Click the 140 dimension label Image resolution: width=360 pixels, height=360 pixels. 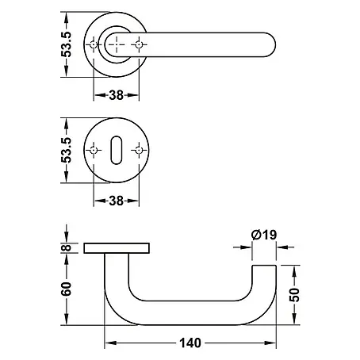(x=190, y=343)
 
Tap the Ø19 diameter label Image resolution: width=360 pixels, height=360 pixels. (x=264, y=235)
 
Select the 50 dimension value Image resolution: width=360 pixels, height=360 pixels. (x=295, y=295)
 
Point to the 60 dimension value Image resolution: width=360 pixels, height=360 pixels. (x=66, y=289)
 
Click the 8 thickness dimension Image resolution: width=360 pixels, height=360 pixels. (x=67, y=247)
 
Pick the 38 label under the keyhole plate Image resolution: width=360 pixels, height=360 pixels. (x=117, y=201)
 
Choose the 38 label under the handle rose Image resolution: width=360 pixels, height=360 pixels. (x=117, y=95)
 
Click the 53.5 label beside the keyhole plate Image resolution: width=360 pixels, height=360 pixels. (x=66, y=150)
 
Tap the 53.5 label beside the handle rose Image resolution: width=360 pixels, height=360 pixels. (x=66, y=44)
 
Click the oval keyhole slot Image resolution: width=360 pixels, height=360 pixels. (x=117, y=150)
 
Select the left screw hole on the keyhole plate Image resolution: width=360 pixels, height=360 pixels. (x=94, y=151)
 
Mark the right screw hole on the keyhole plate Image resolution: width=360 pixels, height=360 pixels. (x=139, y=151)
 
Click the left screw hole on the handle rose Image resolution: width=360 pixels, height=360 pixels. (x=94, y=44)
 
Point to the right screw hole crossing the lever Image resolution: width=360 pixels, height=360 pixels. (x=139, y=44)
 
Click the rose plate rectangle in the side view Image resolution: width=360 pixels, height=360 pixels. (x=117, y=248)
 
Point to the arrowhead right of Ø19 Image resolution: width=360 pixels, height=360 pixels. (x=282, y=247)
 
